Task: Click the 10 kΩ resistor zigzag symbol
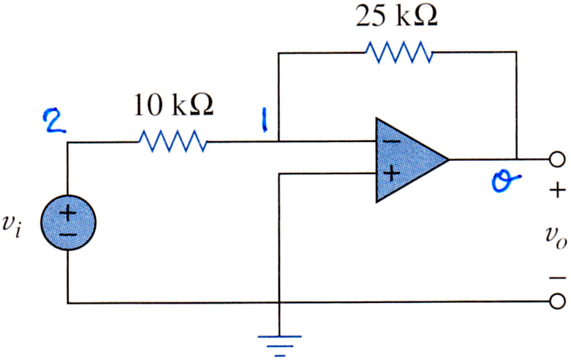[x=173, y=141]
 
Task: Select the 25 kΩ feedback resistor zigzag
[x=399, y=53]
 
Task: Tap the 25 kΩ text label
[x=396, y=15]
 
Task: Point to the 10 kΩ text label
[x=173, y=105]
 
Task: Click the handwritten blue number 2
[x=55, y=121]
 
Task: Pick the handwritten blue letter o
[x=505, y=181]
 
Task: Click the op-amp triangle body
[x=408, y=160]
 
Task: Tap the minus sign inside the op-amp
[x=392, y=141]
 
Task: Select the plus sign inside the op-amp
[x=392, y=173]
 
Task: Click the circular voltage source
[x=68, y=222]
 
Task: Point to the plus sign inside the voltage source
[x=68, y=213]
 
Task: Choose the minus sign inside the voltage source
[x=68, y=235]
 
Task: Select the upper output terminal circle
[x=557, y=160]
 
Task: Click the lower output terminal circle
[x=557, y=301]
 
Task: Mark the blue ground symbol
[x=279, y=345]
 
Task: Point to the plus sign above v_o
[x=557, y=190]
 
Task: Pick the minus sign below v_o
[x=558, y=278]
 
